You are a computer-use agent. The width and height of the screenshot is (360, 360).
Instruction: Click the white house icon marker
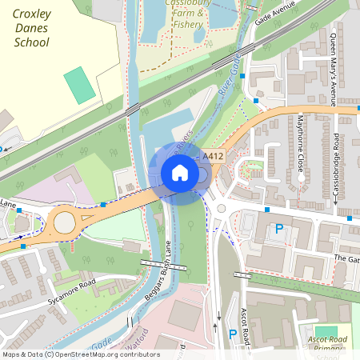coord(180,172)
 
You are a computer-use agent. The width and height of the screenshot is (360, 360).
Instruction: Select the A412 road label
coord(212,156)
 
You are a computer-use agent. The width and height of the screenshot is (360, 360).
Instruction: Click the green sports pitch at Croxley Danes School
coord(79,85)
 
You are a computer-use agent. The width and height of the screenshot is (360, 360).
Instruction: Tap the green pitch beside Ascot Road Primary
coord(326,330)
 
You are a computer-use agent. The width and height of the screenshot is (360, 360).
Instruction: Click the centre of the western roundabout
coord(62,222)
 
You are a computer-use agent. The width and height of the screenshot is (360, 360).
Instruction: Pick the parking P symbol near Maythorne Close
coord(279,229)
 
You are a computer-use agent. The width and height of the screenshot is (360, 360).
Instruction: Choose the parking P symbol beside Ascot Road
coord(232,334)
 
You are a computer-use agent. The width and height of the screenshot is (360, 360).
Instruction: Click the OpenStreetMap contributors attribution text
coord(80,354)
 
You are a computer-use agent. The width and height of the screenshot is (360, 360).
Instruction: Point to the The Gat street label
coord(346,258)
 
